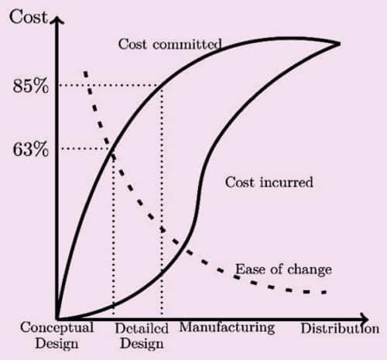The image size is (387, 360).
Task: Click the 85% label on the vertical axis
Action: point(30,86)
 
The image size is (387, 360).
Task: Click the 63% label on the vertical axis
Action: point(30,149)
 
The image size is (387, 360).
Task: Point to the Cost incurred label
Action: point(269,183)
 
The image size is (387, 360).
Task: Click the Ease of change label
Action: point(283,269)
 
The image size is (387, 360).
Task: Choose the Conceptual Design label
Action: point(57,334)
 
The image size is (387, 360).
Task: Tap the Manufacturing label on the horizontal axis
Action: point(227,327)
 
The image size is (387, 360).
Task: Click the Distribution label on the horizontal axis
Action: point(340,328)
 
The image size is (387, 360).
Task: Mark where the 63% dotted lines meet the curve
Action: point(114,149)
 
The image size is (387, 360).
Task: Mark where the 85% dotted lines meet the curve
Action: point(162,85)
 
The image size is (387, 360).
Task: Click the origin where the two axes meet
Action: point(57,317)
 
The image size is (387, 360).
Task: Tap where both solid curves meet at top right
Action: point(338,43)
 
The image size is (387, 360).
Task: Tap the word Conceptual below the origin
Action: point(57,327)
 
